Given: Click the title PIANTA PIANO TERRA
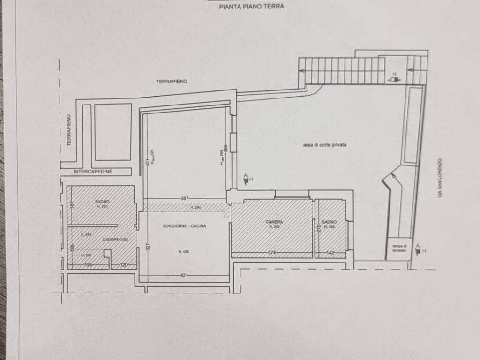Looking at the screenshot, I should (251, 7).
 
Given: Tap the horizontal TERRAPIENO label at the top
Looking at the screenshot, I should (172, 81).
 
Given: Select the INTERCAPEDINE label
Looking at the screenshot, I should (93, 172).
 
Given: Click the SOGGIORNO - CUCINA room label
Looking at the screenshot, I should (184, 226).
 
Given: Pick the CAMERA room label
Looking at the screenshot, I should (274, 222).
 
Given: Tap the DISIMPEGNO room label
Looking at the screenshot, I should (115, 240).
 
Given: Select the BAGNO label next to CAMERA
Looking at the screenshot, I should (329, 222).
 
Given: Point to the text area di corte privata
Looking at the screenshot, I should (324, 145).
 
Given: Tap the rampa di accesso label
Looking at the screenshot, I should (399, 248).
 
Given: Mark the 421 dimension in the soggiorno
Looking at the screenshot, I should (184, 275).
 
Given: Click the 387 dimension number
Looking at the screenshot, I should (185, 199).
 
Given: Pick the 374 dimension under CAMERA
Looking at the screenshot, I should (271, 253).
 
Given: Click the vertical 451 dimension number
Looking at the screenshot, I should (147, 162).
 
